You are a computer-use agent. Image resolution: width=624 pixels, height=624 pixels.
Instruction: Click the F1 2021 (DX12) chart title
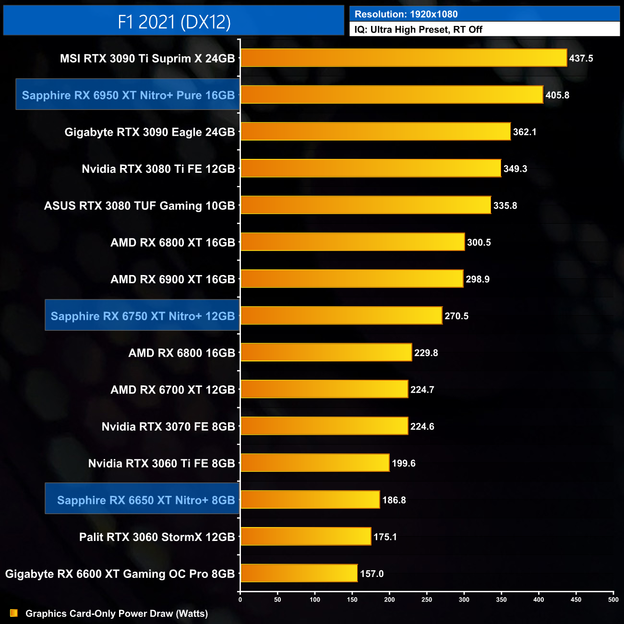[174, 22]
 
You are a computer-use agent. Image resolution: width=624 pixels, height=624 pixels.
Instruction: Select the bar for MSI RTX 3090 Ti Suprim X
[403, 58]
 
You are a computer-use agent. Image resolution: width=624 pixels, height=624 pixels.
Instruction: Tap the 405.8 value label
[557, 95]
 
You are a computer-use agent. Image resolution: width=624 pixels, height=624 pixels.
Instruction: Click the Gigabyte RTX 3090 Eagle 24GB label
[150, 132]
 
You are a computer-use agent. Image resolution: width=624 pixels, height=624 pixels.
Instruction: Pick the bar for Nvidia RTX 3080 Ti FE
[371, 168]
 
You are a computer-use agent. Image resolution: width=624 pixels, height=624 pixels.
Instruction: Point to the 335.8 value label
[505, 205]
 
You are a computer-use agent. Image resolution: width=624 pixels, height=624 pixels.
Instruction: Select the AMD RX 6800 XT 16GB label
[173, 242]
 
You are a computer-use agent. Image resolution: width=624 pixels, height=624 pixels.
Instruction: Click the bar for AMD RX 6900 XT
[352, 279]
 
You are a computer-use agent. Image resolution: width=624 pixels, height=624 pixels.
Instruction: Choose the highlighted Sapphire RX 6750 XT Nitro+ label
[143, 316]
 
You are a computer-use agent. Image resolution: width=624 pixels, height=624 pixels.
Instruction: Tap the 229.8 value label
[426, 353]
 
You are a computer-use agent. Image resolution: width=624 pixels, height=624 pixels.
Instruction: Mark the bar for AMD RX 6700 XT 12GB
[324, 389]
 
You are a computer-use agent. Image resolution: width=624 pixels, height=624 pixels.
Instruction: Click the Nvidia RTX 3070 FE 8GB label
[168, 426]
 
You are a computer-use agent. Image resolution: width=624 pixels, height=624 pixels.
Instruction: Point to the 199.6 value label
[404, 463]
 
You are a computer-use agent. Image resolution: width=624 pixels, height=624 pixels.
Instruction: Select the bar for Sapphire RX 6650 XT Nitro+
[310, 500]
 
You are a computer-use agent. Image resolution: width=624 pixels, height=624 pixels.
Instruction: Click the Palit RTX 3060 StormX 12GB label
[157, 537]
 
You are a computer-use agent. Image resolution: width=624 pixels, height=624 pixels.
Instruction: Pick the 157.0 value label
[372, 574]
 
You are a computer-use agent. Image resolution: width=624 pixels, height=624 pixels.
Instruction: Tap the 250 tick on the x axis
[427, 600]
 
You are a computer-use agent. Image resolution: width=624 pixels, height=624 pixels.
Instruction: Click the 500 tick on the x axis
[613, 600]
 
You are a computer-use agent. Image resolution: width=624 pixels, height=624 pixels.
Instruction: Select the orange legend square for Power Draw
[14, 613]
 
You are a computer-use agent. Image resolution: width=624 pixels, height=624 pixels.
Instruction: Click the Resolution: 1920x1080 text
[406, 14]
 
